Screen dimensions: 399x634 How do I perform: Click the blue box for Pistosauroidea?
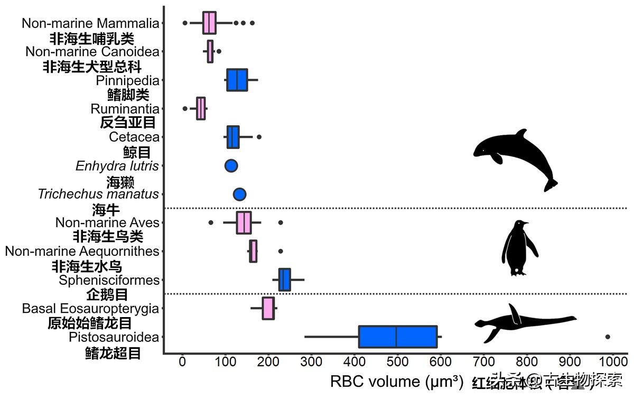pyautogui.click(x=397, y=337)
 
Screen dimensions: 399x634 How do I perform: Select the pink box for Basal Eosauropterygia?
pyautogui.click(x=268, y=308)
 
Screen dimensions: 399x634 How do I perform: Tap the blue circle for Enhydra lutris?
pyautogui.click(x=231, y=165)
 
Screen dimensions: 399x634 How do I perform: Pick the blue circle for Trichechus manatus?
pyautogui.click(x=239, y=194)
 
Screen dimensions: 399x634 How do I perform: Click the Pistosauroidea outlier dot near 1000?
pyautogui.click(x=608, y=337)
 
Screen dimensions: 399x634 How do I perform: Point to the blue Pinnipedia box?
pyautogui.click(x=237, y=80)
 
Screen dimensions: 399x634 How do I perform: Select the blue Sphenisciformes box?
pyautogui.click(x=284, y=280)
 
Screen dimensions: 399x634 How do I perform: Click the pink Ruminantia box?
pyautogui.click(x=201, y=109)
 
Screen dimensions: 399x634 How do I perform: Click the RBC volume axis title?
pyautogui.click(x=396, y=381)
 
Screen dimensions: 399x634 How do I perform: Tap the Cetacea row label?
pyautogui.click(x=134, y=137)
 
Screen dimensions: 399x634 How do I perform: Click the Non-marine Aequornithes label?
pyautogui.click(x=82, y=251)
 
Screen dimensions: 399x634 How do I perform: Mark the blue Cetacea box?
pyautogui.click(x=233, y=137)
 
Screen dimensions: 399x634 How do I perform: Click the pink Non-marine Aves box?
pyautogui.click(x=244, y=222)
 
